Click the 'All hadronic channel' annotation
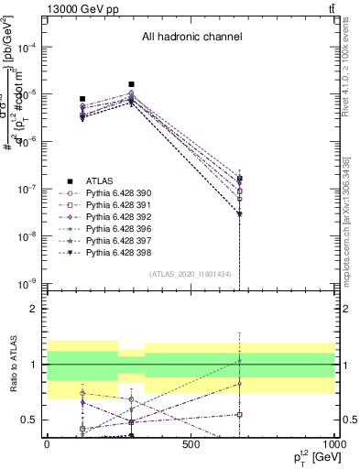point(191,37)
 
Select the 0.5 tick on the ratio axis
point(28,420)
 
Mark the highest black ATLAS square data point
point(132,84)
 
